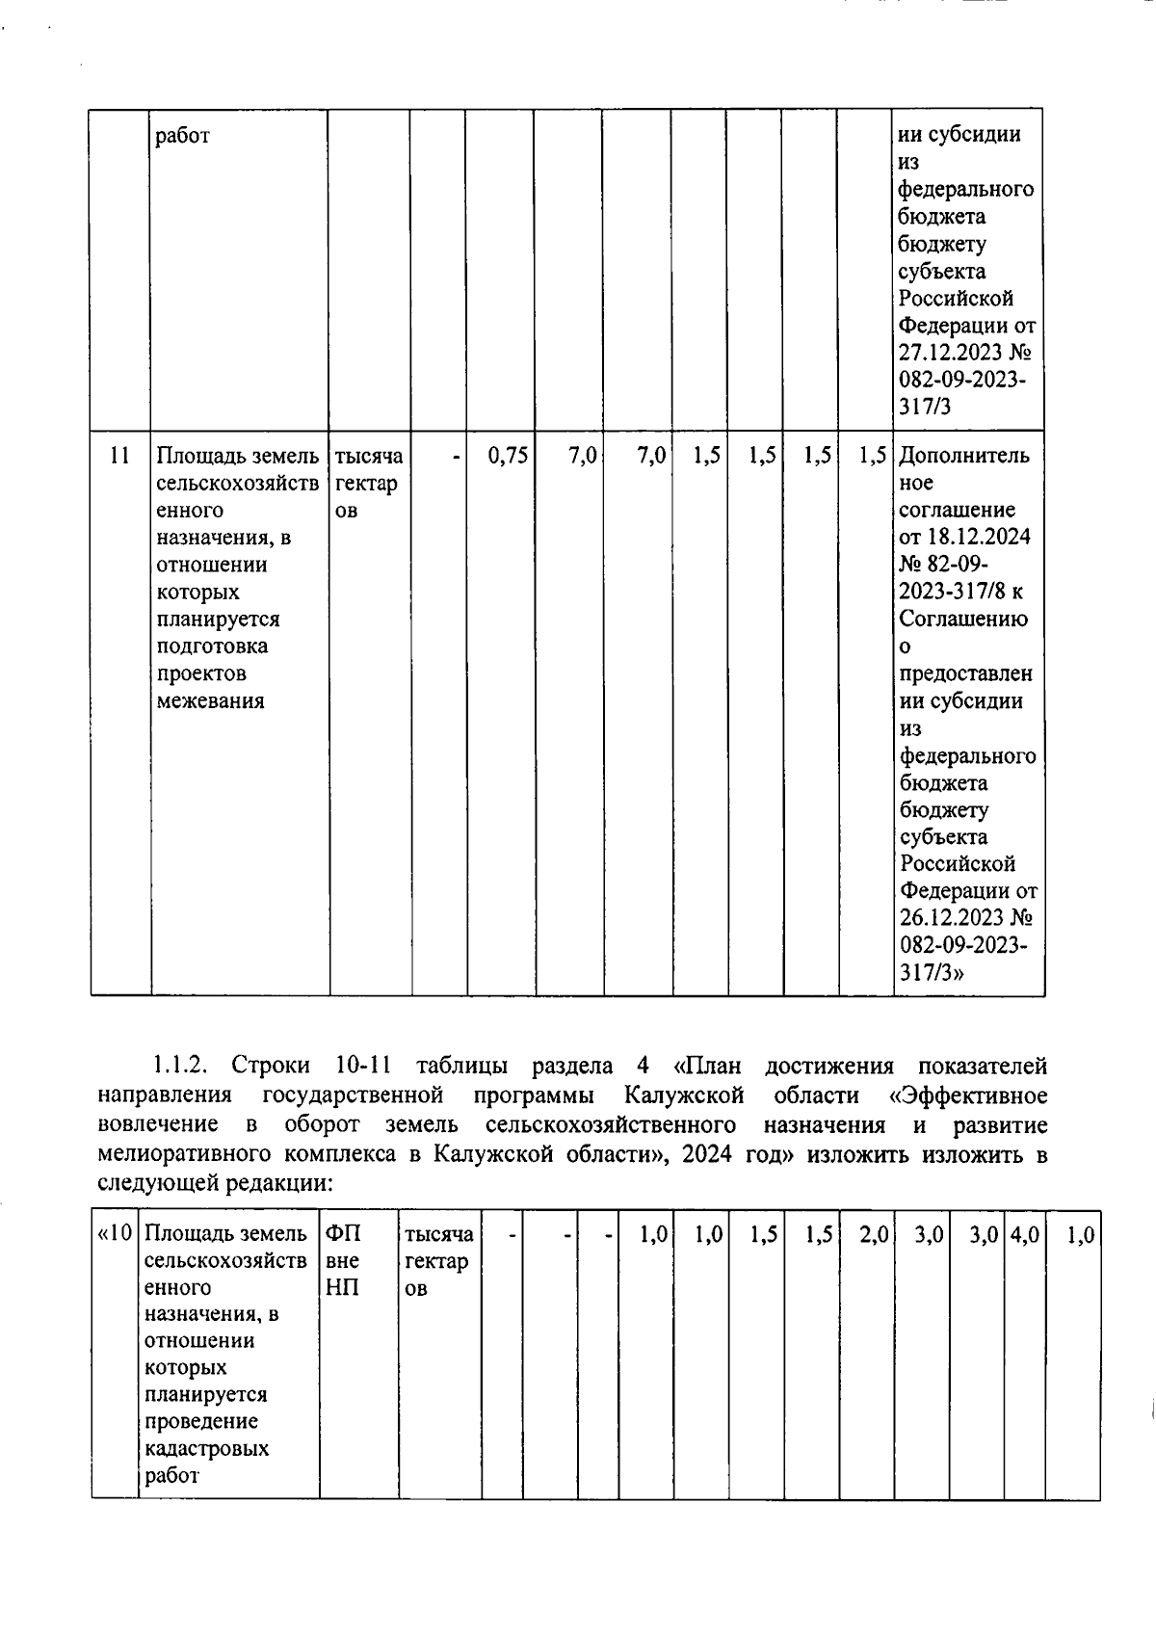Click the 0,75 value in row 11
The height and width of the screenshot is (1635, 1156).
tap(508, 456)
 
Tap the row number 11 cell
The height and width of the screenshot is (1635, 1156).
tap(119, 456)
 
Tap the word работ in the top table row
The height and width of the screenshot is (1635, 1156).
tap(182, 136)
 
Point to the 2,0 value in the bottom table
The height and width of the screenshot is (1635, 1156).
tap(874, 1234)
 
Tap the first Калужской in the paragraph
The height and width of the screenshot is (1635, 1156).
tap(684, 1095)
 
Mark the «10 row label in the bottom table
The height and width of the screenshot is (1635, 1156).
tap(115, 1234)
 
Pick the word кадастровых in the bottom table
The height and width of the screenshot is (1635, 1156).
tap(206, 1449)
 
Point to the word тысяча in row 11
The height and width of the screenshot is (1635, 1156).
tap(368, 456)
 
